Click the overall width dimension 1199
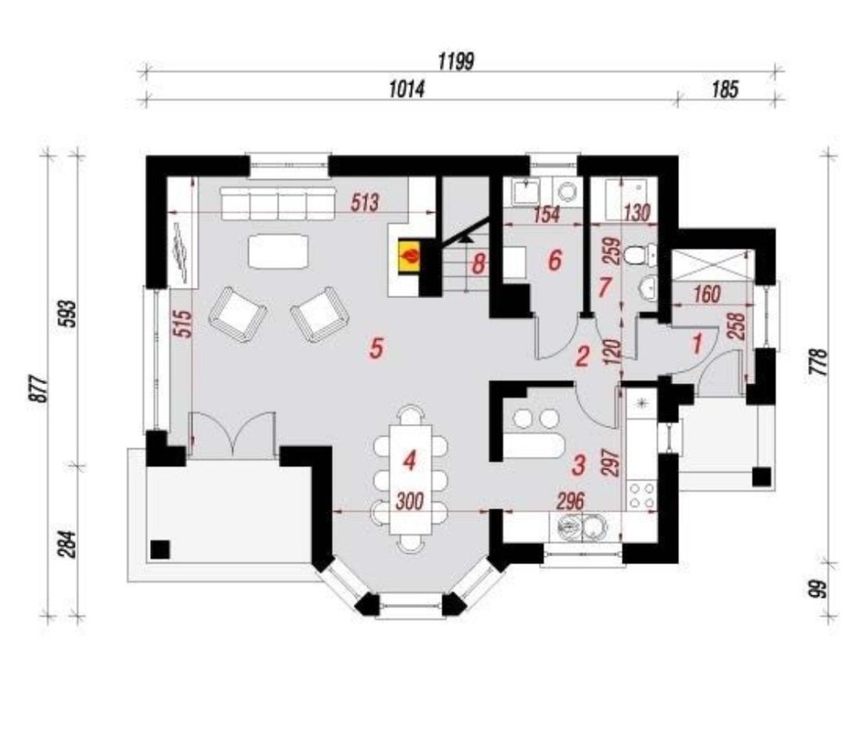[x=456, y=61]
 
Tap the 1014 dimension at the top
[x=407, y=89]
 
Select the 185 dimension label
[x=725, y=89]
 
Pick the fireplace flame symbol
[x=410, y=256]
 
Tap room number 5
[x=376, y=348]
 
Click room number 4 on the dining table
[x=409, y=460]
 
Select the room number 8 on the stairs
[x=478, y=264]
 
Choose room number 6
[x=554, y=260]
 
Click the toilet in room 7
[x=639, y=255]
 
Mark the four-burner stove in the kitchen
[x=641, y=495]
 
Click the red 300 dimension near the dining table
[x=409, y=501]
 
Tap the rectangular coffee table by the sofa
[x=278, y=251]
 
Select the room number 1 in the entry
[x=697, y=345]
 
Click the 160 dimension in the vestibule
[x=707, y=295]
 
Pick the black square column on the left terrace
[x=160, y=550]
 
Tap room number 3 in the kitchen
[x=578, y=465]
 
